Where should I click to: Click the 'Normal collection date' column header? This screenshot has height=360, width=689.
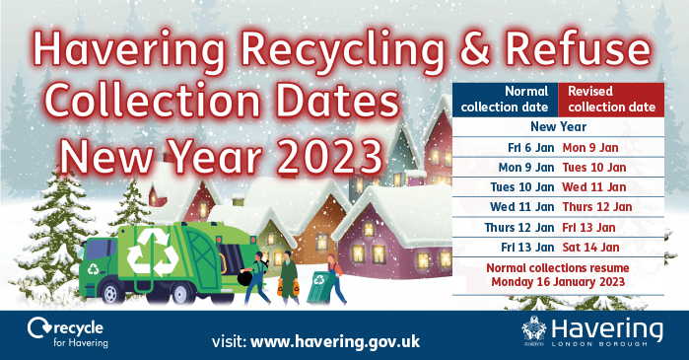[x=506, y=99]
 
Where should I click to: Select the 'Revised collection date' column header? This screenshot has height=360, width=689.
[x=609, y=99]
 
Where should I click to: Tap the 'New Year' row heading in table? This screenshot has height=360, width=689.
[x=558, y=127]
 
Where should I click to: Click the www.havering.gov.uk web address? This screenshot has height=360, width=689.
[x=336, y=341]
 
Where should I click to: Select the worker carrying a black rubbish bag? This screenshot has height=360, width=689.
[x=255, y=280]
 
